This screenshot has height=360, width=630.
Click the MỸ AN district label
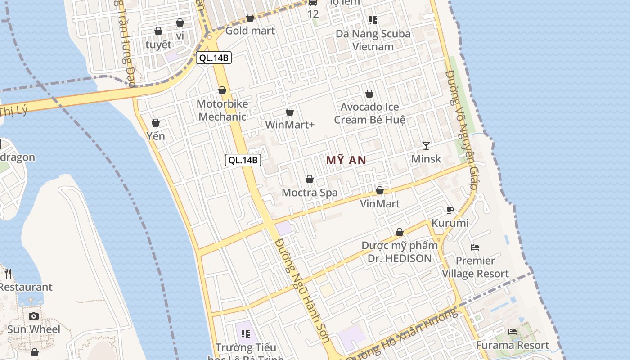pos(346,160)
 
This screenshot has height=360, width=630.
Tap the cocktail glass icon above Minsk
pos(426,145)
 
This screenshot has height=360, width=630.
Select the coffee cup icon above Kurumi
pos(450,210)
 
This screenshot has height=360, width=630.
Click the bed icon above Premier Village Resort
pos(475,247)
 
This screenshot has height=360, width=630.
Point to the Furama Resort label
pos(513,346)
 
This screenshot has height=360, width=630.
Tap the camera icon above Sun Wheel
pos(34,316)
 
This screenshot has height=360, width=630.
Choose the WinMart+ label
pos(290,125)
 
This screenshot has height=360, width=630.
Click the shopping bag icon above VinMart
pos(380,190)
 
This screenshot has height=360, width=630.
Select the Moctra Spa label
pos(310,193)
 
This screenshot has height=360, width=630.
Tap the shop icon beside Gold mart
pos(250,18)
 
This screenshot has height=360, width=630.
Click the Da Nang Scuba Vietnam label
pos(373,40)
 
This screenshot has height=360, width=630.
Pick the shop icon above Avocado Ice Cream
pos(369,94)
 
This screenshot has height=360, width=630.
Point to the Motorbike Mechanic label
pos(222,110)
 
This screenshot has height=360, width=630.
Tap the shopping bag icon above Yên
pos(156,123)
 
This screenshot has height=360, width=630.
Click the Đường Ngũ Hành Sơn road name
pos(302,290)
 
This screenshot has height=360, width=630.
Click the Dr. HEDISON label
pos(400,258)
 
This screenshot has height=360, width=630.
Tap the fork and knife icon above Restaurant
pos(8,273)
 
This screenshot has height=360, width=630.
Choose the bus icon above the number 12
pos(313,2)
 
